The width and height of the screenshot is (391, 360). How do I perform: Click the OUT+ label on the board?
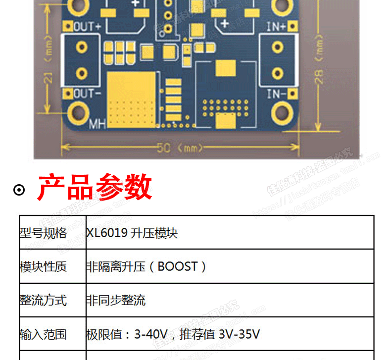(x=87, y=27)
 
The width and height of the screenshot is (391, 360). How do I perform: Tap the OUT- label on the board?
(x=87, y=93)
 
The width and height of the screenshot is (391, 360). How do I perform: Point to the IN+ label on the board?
(x=276, y=27)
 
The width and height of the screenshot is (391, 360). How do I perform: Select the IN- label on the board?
(x=276, y=93)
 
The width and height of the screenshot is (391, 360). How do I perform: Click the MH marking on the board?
(x=97, y=124)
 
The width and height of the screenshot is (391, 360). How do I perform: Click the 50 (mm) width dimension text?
(x=180, y=148)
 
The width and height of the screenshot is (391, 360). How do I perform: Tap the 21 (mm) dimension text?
(x=48, y=74)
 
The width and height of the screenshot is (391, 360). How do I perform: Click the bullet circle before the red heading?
(x=19, y=190)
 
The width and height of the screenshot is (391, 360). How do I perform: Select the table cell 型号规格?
(x=43, y=233)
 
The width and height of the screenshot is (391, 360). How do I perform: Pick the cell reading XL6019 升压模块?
(x=132, y=233)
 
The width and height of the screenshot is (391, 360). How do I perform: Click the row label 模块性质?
(x=43, y=266)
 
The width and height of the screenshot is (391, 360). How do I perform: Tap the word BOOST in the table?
(x=178, y=266)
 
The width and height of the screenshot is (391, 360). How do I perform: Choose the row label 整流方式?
(x=43, y=300)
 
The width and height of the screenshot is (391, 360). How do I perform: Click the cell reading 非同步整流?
(x=116, y=300)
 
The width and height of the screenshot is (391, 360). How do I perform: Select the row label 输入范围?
(x=43, y=334)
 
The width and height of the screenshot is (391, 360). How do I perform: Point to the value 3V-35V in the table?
(x=239, y=334)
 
